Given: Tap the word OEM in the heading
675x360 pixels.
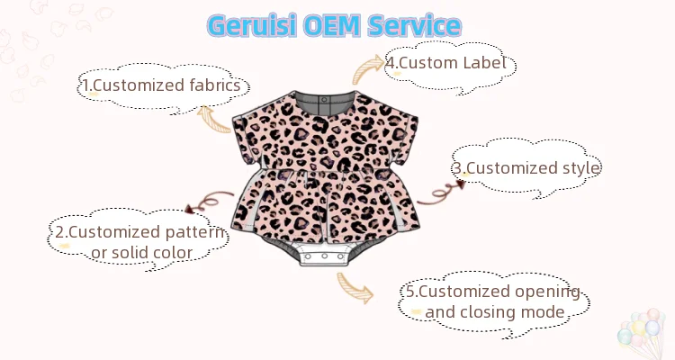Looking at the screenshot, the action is [338, 25].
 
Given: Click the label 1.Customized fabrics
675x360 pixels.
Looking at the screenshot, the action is [163, 85].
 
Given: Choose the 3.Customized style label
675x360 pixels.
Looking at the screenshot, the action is [526, 167].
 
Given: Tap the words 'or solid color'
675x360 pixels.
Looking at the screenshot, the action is [142, 253].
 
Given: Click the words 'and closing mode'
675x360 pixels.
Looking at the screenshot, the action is [495, 312].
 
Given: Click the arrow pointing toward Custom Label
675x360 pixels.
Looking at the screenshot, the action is [366, 65].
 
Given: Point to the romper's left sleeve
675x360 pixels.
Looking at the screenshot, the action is [249, 126].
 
